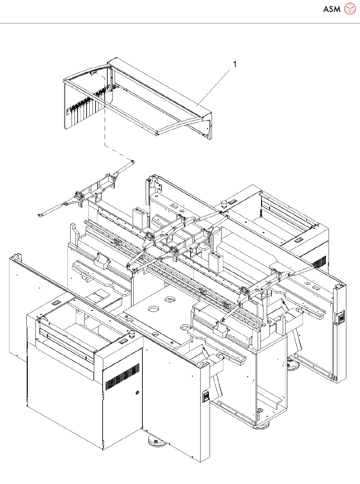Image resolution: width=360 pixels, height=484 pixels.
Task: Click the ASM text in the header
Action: (332, 9)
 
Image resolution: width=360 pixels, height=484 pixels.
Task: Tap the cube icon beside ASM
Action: (350, 9)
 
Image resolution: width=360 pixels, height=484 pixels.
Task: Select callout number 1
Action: (235, 64)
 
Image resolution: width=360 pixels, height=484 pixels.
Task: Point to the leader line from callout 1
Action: (214, 86)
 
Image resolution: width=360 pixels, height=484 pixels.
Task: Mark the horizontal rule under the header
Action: (180, 23)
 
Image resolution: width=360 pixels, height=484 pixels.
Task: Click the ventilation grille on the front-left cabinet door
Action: (122, 376)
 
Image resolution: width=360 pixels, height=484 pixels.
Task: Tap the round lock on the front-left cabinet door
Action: (137, 393)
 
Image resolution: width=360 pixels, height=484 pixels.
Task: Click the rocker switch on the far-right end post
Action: (341, 318)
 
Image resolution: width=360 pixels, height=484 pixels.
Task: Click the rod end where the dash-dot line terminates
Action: (133, 162)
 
